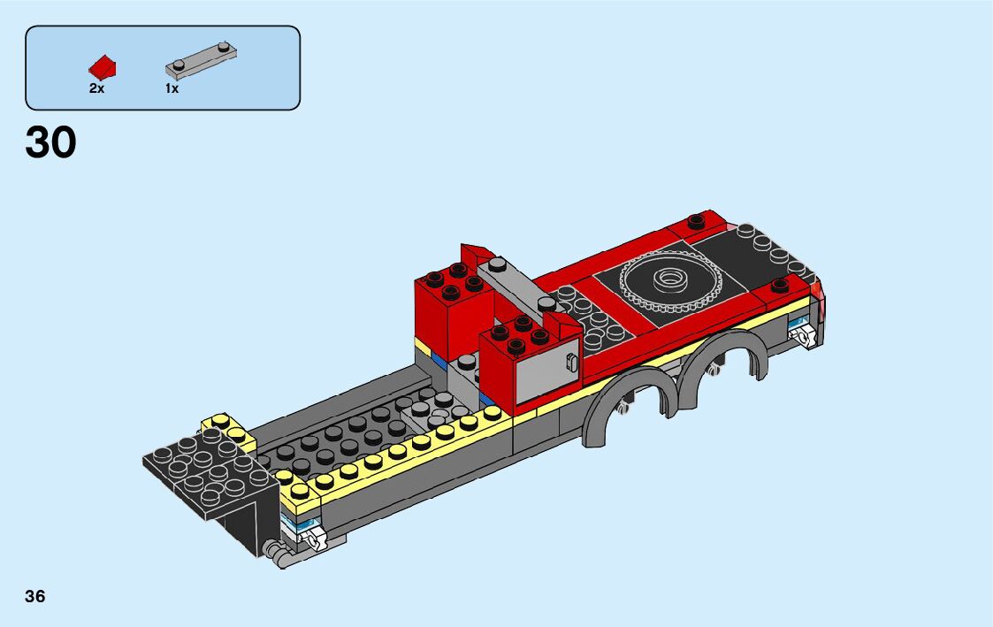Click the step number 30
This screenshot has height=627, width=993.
click(50, 141)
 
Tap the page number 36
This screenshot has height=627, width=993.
click(34, 596)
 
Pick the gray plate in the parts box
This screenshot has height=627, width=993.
click(202, 59)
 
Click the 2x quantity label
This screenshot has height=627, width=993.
click(96, 88)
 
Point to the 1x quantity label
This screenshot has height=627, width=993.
click(172, 88)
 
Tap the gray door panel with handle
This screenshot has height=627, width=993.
click(548, 374)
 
